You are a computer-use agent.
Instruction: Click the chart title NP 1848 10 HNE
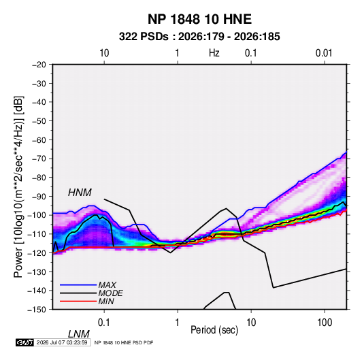199,19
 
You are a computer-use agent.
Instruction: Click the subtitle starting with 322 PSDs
199,37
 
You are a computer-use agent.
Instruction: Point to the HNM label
80,193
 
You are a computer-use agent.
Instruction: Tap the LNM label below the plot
79,334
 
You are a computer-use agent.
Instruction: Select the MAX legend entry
107,284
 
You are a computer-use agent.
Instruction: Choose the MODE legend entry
110,293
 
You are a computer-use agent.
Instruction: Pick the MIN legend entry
106,301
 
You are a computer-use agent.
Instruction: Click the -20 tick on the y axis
39,65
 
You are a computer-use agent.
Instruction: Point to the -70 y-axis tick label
39,159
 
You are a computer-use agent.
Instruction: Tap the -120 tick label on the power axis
37,253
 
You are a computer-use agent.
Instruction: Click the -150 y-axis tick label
37,310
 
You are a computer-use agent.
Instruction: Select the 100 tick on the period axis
325,323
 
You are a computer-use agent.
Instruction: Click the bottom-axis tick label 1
177,323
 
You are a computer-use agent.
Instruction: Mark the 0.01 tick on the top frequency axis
324,53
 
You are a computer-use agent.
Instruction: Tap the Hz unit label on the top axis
214,53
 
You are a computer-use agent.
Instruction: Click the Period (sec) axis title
214,330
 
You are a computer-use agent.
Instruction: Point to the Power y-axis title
18,186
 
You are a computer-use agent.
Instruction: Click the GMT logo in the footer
24,342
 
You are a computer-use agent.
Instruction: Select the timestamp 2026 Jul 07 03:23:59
62,342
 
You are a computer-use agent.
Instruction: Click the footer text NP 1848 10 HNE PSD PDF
124,342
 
